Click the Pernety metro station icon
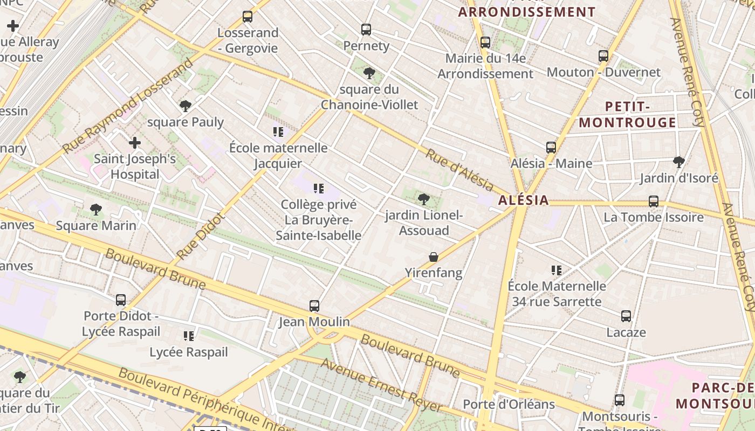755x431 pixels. click(x=366, y=29)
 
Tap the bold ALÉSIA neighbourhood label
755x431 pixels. click(x=523, y=200)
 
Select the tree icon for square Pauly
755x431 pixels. click(x=186, y=106)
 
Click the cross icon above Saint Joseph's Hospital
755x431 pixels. click(x=135, y=143)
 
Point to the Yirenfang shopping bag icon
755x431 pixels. click(x=434, y=257)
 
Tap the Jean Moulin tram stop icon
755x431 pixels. click(x=314, y=305)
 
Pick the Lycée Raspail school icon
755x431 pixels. click(x=188, y=336)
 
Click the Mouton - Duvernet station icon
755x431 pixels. click(x=603, y=55)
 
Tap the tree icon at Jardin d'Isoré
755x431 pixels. click(x=679, y=162)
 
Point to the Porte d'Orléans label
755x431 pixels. click(x=509, y=404)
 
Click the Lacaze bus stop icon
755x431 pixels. click(x=626, y=316)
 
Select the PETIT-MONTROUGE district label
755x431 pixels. click(x=627, y=114)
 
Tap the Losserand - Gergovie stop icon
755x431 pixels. click(x=248, y=16)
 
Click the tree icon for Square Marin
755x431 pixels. click(x=96, y=209)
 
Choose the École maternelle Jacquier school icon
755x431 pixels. click(x=278, y=131)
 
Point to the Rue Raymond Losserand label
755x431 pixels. click(x=128, y=106)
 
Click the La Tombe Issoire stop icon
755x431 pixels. click(x=654, y=201)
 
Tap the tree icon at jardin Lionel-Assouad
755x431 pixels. click(x=424, y=199)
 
